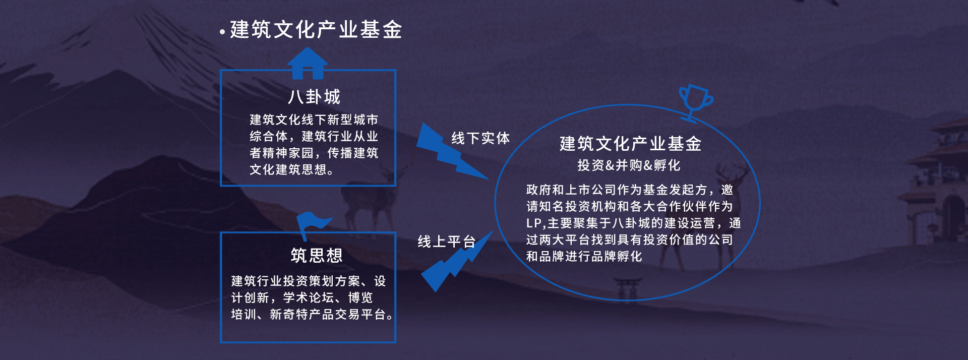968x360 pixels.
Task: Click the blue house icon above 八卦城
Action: pos(308,64)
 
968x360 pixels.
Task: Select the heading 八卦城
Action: pos(315,97)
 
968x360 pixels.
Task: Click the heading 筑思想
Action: pos(317,256)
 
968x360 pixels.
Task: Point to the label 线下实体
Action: pos(480,138)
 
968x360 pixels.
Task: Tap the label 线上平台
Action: pos(447,242)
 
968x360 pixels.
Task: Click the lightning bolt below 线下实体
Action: pos(451,151)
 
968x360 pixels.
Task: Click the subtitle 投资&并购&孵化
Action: pos(629,165)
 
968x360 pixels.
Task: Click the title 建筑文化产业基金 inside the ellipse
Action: pos(630,144)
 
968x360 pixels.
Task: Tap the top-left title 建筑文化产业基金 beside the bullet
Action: pos(316,30)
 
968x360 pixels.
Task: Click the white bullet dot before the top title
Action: pos(222,32)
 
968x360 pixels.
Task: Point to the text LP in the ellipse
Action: pos(533,223)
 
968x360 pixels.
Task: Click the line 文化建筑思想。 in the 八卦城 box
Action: pos(291,169)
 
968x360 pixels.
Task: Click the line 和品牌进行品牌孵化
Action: pos(584,256)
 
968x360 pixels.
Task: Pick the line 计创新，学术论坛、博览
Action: pos(302,297)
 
